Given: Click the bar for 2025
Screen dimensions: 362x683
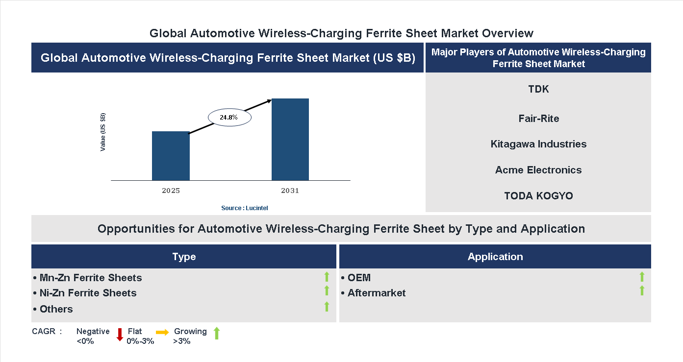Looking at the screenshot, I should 171,156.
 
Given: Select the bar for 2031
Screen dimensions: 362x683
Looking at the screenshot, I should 290,140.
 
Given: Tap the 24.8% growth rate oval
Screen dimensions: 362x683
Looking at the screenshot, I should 229,118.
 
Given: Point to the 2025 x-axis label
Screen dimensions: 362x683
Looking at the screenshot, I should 171,191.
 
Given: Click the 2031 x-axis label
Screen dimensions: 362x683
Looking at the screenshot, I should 290,191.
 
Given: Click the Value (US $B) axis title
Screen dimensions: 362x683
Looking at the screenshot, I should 103,132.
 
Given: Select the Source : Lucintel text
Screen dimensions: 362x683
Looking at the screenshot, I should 244,208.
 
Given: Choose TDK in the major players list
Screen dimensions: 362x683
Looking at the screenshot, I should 538,89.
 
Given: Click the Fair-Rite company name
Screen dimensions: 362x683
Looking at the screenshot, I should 538,119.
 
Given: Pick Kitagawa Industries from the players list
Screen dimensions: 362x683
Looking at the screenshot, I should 538,144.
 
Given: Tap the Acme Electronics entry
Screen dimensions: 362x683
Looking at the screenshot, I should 538,170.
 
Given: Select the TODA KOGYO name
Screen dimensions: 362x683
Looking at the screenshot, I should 538,196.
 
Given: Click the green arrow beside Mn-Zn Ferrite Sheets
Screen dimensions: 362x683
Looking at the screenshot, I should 327,277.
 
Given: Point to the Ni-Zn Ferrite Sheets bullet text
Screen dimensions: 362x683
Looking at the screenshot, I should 88,293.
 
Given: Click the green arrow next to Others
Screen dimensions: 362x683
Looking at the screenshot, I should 327,307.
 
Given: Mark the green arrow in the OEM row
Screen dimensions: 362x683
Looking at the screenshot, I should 642,277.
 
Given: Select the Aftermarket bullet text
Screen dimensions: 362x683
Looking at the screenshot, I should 376,293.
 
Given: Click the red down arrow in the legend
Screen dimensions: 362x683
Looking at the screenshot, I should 120,335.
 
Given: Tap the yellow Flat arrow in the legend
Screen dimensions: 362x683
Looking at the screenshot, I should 162,332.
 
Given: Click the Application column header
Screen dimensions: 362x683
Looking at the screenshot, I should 495,257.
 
